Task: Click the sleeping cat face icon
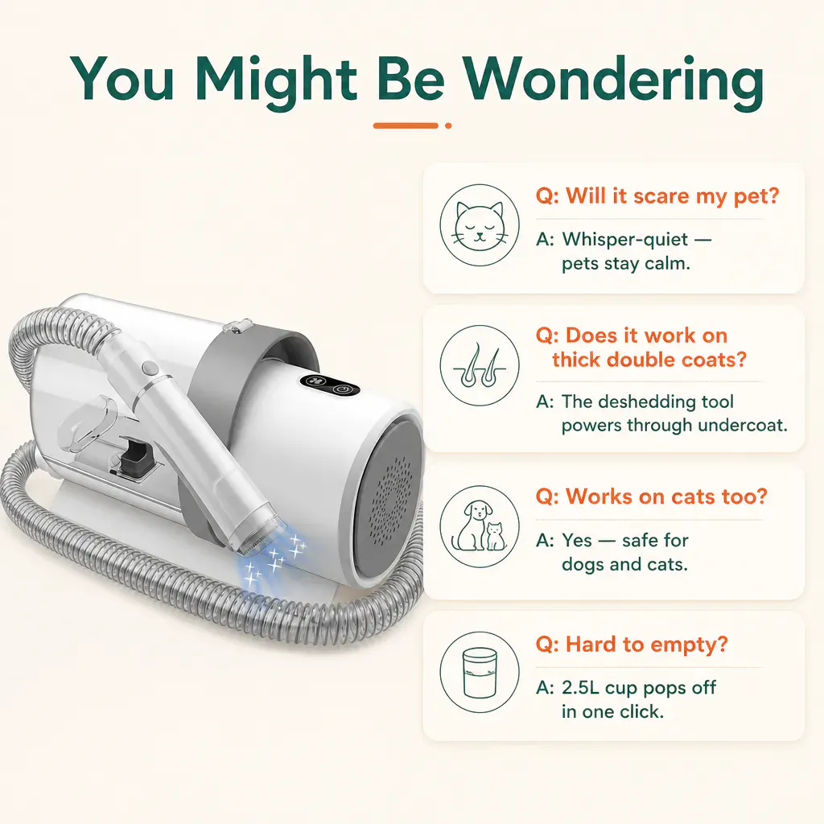point(480,225)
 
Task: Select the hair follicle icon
point(480,365)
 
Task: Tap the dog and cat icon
point(480,526)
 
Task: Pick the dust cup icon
point(480,672)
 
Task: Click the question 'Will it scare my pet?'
point(657,196)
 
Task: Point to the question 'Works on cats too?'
point(652,496)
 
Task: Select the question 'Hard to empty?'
point(632,645)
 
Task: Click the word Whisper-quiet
point(624,240)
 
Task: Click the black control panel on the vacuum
point(330,385)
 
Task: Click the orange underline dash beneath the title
point(406,126)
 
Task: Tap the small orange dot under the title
point(447,126)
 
